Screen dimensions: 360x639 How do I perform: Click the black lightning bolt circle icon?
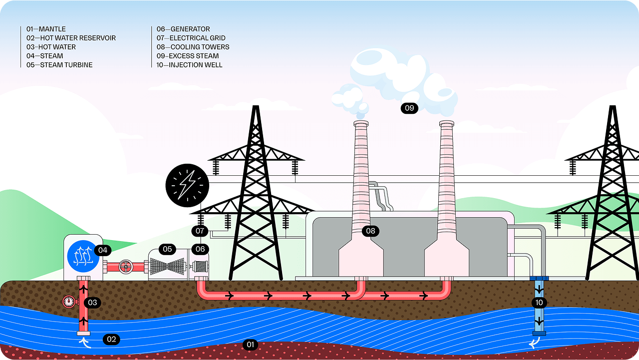coord(187,185)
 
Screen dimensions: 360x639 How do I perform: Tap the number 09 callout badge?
coord(409,108)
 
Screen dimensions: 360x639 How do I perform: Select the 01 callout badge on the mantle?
coord(250,345)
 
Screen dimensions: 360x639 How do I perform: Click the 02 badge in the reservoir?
coord(111,340)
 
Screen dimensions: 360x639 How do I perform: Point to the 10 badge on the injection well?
coord(539,303)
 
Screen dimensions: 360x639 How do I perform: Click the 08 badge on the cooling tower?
coord(370,231)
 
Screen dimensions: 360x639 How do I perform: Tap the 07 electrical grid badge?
coord(200,231)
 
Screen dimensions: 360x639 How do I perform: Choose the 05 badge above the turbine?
coord(167,249)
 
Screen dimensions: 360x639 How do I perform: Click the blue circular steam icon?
coord(83,256)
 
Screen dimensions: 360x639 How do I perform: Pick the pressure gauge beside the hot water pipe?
coord(68,302)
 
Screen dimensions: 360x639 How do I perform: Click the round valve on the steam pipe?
coord(126,267)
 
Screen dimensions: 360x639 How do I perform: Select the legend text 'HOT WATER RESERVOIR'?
coord(78,38)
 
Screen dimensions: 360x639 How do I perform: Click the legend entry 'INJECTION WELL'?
coord(196,65)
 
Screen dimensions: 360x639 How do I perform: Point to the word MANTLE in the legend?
coord(52,29)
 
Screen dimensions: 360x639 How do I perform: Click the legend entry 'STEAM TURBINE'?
coord(66,65)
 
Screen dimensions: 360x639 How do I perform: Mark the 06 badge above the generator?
coord(200,249)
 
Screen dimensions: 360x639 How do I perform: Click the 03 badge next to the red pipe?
coord(92,303)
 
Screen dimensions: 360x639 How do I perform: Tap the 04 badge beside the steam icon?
coord(103,250)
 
